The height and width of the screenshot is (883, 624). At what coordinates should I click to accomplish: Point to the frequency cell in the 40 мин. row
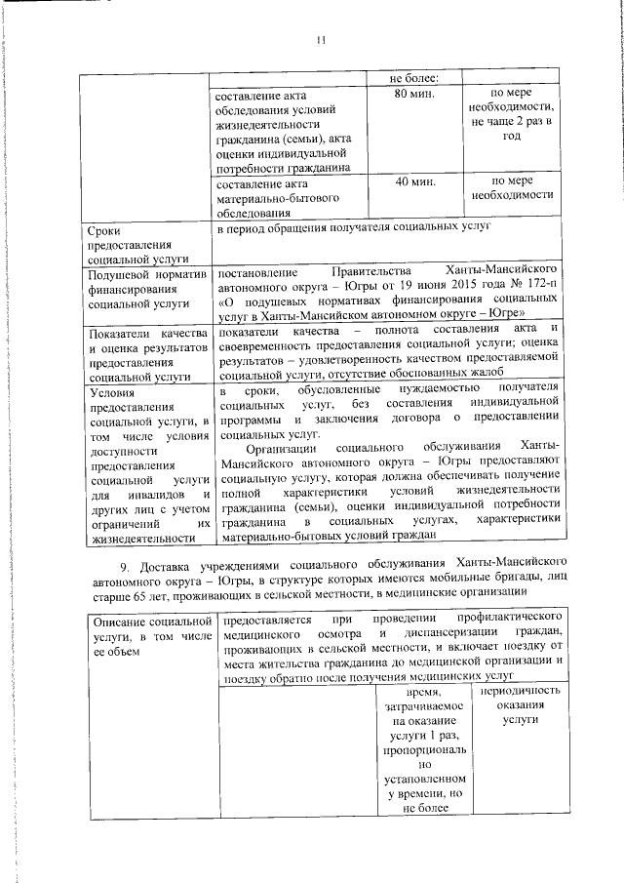(511, 187)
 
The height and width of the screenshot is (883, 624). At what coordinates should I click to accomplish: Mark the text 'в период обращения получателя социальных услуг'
(353, 226)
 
